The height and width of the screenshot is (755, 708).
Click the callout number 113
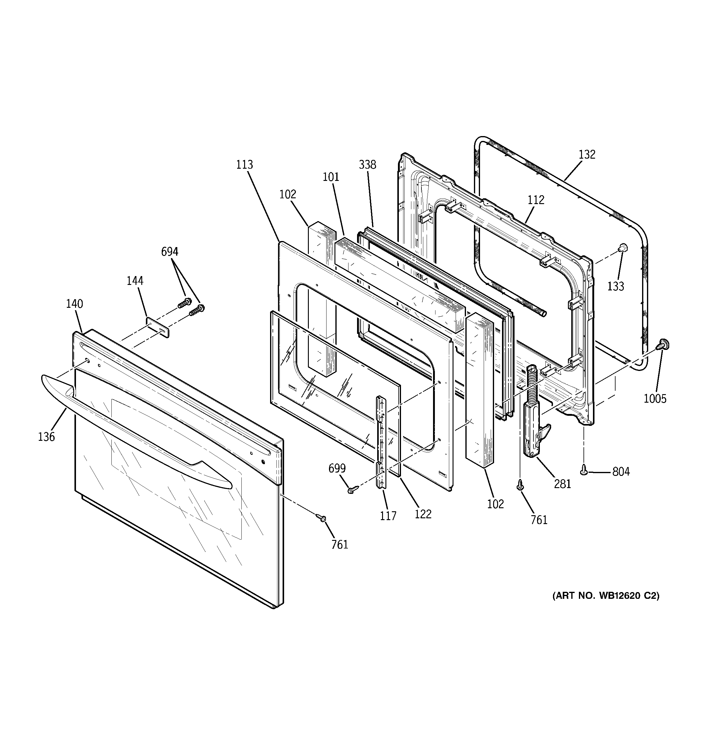[244, 164]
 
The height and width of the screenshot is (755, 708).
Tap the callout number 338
[367, 164]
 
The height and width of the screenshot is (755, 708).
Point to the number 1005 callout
[655, 398]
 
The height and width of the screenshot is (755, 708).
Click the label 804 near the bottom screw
[621, 472]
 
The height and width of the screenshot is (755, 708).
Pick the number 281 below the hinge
[562, 484]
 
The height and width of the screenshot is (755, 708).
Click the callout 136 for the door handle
[46, 437]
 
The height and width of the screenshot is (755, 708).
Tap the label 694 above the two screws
[169, 251]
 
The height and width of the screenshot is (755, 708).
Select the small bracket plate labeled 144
[157, 327]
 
